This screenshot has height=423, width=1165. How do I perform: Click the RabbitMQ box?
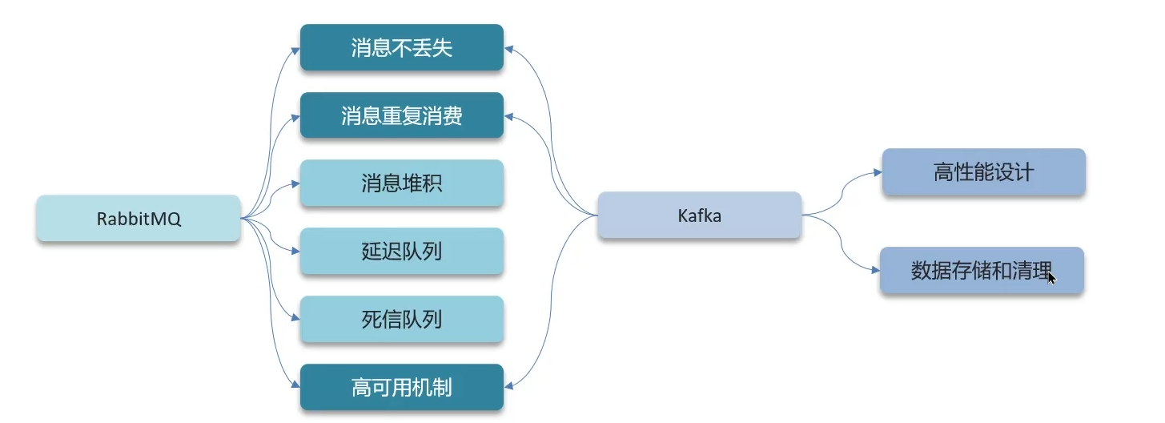(x=139, y=218)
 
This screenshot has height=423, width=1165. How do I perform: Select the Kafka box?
(x=699, y=215)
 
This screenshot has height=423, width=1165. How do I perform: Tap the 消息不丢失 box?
(x=401, y=47)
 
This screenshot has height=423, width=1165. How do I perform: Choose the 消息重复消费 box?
(x=401, y=115)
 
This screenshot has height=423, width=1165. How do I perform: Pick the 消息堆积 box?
(x=401, y=183)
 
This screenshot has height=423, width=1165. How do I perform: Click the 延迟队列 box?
(x=401, y=252)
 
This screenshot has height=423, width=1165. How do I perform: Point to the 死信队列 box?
(x=401, y=320)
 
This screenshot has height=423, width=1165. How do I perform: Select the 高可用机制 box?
(x=401, y=388)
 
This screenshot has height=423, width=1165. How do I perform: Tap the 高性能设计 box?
(x=983, y=171)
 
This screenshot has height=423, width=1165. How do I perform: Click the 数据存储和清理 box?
(x=982, y=271)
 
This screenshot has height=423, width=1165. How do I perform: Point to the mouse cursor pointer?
(x=1051, y=277)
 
